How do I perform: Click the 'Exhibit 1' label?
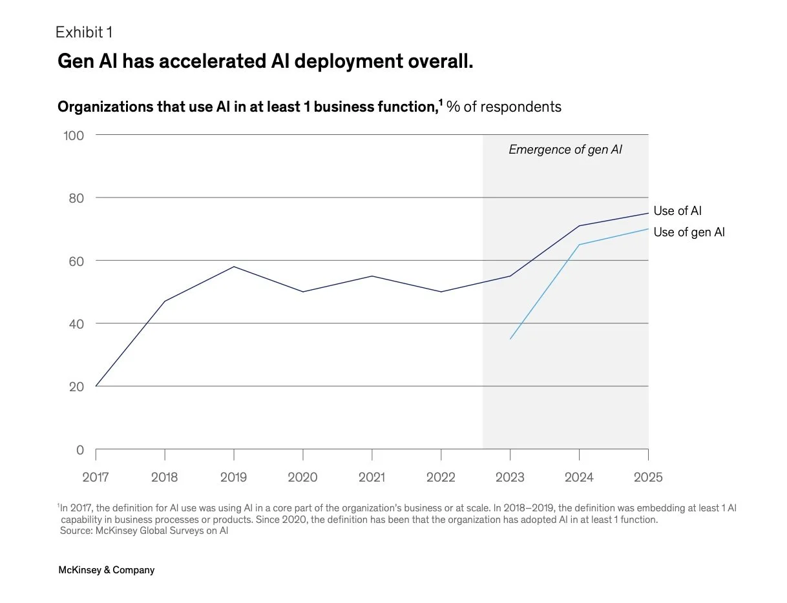(84, 32)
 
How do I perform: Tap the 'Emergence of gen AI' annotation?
(565, 150)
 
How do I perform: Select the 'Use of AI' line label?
(677, 211)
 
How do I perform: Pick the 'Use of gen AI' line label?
(689, 232)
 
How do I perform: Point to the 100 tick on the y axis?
(74, 135)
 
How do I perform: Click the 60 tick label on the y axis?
(77, 261)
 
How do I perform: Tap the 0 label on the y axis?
(80, 450)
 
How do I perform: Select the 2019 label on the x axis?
(233, 478)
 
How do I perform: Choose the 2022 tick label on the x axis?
(441, 478)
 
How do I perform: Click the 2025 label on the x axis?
(648, 478)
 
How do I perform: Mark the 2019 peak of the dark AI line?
(234, 267)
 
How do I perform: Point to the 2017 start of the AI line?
(96, 386)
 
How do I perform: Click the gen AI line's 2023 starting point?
(510, 339)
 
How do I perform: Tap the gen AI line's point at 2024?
(580, 245)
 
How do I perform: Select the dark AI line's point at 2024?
(580, 226)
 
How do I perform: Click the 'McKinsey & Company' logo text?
(107, 570)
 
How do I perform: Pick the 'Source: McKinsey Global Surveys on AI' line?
(144, 531)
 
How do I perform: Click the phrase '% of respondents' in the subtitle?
(504, 107)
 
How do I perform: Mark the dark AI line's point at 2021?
(372, 276)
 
